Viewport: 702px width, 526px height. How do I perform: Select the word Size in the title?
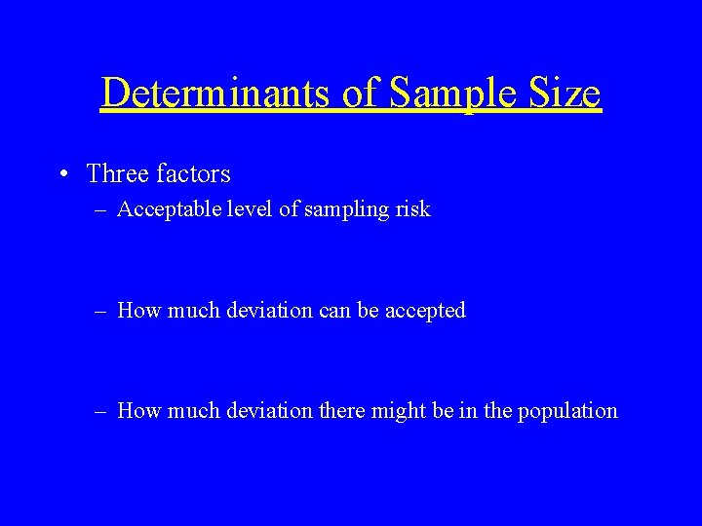[x=565, y=94]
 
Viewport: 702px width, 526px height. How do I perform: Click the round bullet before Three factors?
[x=63, y=174]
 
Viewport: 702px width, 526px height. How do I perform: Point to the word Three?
[x=115, y=174]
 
